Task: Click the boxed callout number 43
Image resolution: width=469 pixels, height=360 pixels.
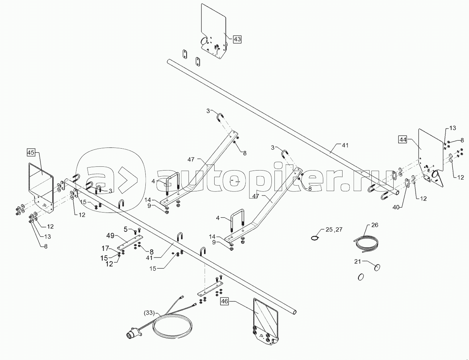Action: pyautogui.click(x=237, y=39)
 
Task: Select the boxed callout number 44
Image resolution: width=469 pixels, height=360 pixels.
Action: pyautogui.click(x=402, y=140)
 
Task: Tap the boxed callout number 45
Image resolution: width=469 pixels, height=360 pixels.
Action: pyautogui.click(x=31, y=153)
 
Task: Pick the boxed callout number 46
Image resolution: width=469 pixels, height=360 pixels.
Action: pyautogui.click(x=224, y=301)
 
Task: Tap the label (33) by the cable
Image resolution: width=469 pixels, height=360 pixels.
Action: pyautogui.click(x=150, y=313)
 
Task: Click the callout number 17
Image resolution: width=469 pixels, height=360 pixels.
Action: pyautogui.click(x=105, y=248)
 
